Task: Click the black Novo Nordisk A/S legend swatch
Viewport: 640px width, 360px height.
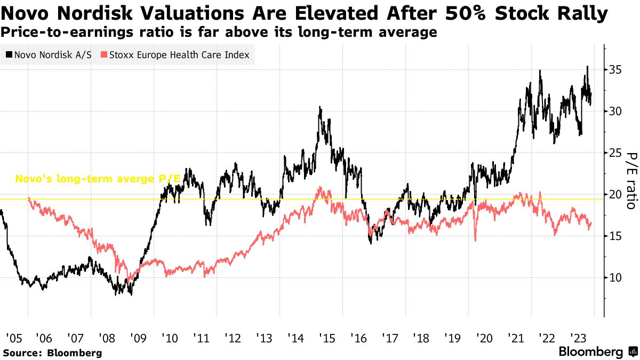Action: tap(9, 55)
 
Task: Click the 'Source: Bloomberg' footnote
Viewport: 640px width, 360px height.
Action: tap(52, 353)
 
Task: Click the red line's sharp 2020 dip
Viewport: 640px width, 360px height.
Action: tap(475, 241)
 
